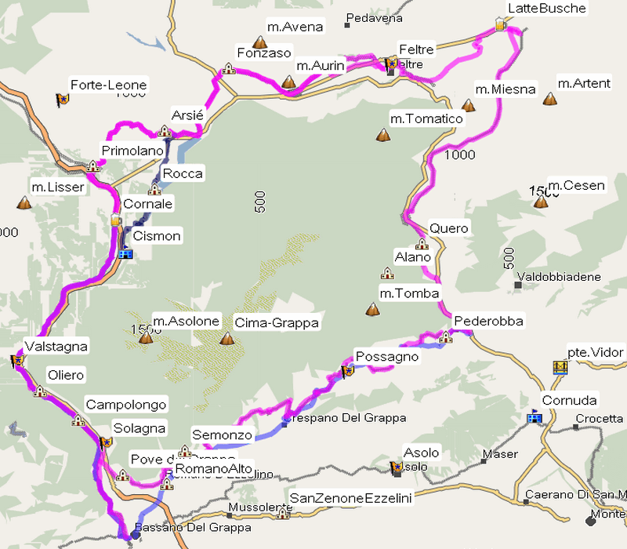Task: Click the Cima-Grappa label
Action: click(x=268, y=322)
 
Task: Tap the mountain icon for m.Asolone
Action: click(x=145, y=338)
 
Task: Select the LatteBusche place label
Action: click(x=547, y=9)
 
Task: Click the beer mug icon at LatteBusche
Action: click(x=502, y=26)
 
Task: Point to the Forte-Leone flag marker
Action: click(x=62, y=100)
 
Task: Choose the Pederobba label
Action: click(x=488, y=321)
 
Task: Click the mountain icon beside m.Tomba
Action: click(x=372, y=310)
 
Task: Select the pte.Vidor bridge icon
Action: click(x=560, y=367)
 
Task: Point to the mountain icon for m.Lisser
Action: click(x=24, y=203)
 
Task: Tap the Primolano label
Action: click(x=132, y=151)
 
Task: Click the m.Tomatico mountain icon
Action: click(x=383, y=135)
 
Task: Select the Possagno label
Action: click(x=387, y=357)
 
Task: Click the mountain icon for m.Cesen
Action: click(x=540, y=202)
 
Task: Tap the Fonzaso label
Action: click(x=263, y=53)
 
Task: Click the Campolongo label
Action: click(x=126, y=405)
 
